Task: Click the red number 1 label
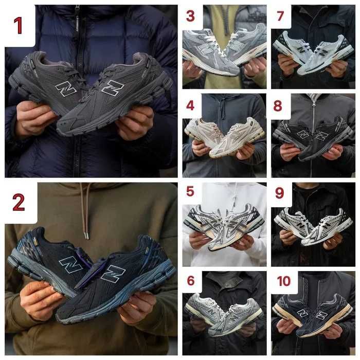pyautogui.click(x=19, y=26)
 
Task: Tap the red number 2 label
pyautogui.click(x=19, y=202)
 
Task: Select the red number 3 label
pyautogui.click(x=190, y=16)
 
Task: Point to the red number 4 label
pyautogui.click(x=190, y=105)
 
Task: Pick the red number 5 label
pyautogui.click(x=190, y=191)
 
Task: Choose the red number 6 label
pyautogui.click(x=191, y=281)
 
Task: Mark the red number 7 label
pyautogui.click(x=280, y=16)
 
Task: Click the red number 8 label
pyautogui.click(x=278, y=106)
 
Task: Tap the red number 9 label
pyautogui.click(x=279, y=193)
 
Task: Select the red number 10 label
pyautogui.click(x=284, y=281)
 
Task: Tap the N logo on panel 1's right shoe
pyautogui.click(x=113, y=87)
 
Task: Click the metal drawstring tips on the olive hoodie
pyautogui.click(x=86, y=236)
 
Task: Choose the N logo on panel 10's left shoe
pyautogui.click(x=302, y=313)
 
